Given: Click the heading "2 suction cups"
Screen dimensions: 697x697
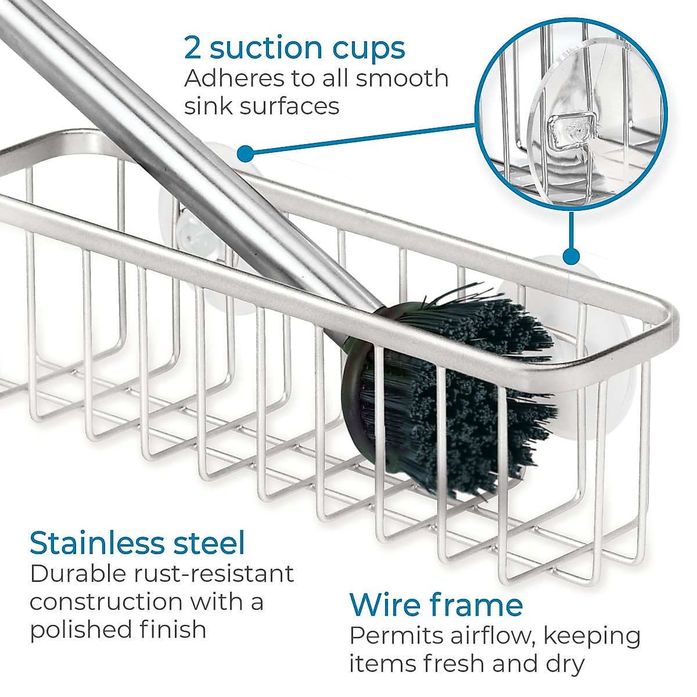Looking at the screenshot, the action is [x=294, y=48].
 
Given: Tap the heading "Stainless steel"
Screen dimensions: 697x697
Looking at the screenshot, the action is [x=137, y=542].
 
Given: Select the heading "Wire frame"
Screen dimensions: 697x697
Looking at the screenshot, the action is [x=436, y=605].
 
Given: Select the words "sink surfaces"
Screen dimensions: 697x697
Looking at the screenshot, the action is [x=261, y=106].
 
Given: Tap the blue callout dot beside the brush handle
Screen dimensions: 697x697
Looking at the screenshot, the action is [x=246, y=154].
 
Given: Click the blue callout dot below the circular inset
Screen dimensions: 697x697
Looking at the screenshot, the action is [x=572, y=256].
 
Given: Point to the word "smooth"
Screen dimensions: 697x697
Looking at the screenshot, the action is [x=402, y=78].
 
